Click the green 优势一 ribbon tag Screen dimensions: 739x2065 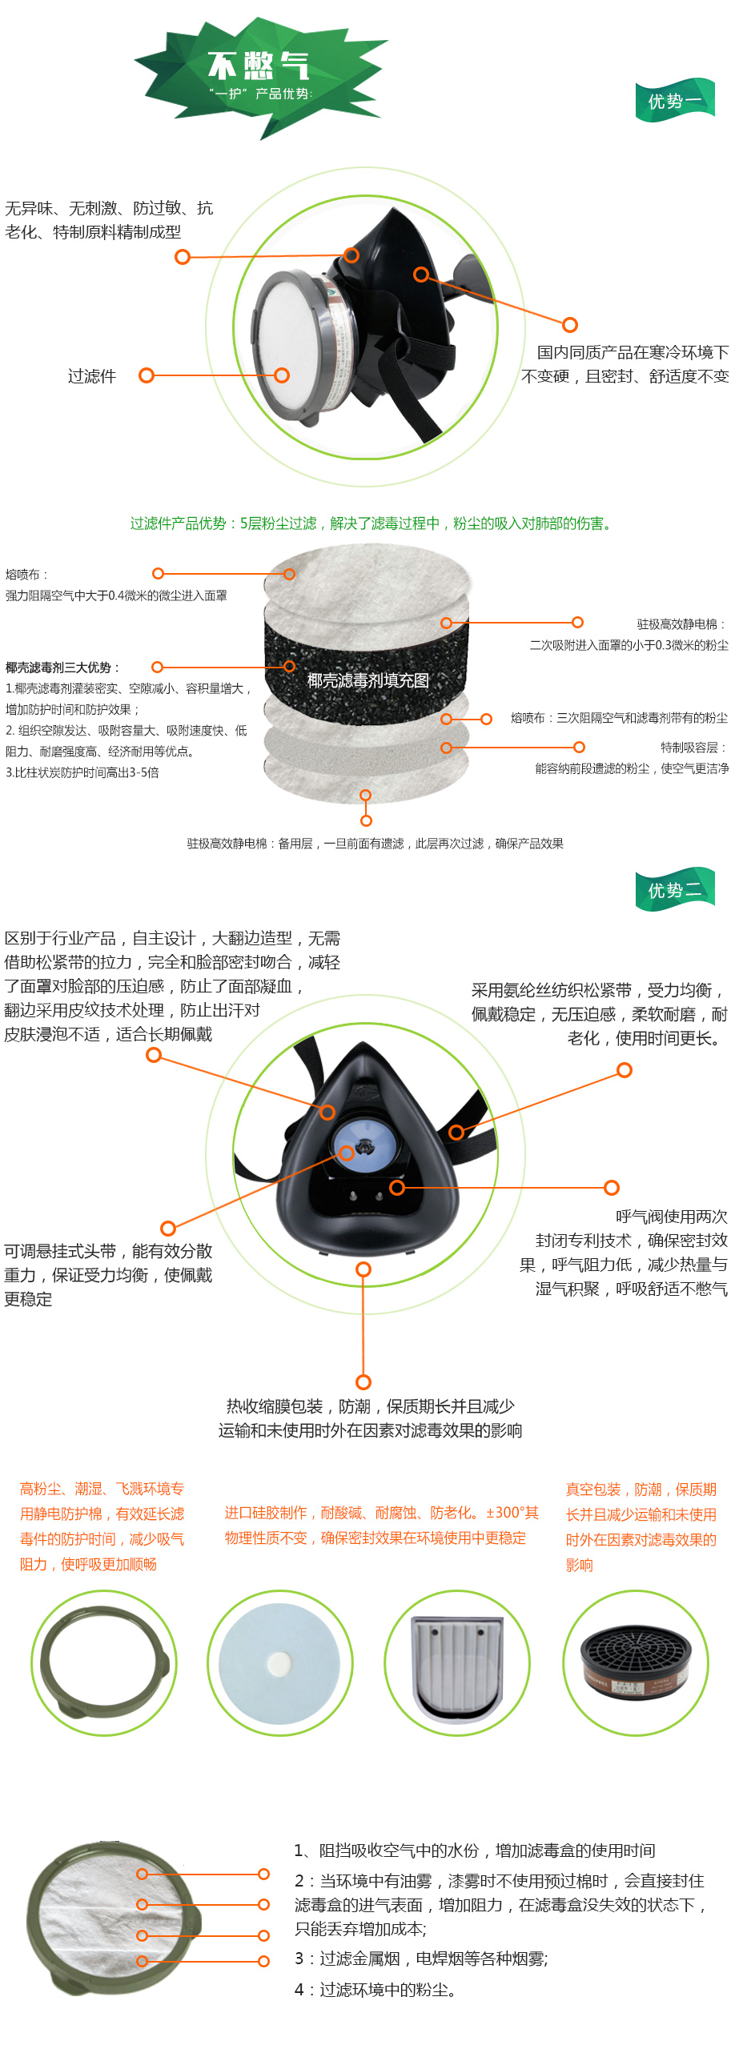675,100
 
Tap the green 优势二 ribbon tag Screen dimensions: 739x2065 675,889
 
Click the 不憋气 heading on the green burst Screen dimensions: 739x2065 258,65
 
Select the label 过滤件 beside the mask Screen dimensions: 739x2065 91,376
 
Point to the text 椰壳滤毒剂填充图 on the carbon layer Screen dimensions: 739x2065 367,680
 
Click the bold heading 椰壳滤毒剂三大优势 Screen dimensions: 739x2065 62,667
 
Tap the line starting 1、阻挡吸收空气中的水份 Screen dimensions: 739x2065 475,1850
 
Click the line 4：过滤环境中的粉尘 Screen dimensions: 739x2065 376,1990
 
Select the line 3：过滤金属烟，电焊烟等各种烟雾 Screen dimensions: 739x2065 421,1959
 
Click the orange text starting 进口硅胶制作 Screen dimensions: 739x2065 382,1525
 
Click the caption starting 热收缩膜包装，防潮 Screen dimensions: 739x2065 371,1418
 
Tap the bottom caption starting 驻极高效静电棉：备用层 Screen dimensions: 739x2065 376,844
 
